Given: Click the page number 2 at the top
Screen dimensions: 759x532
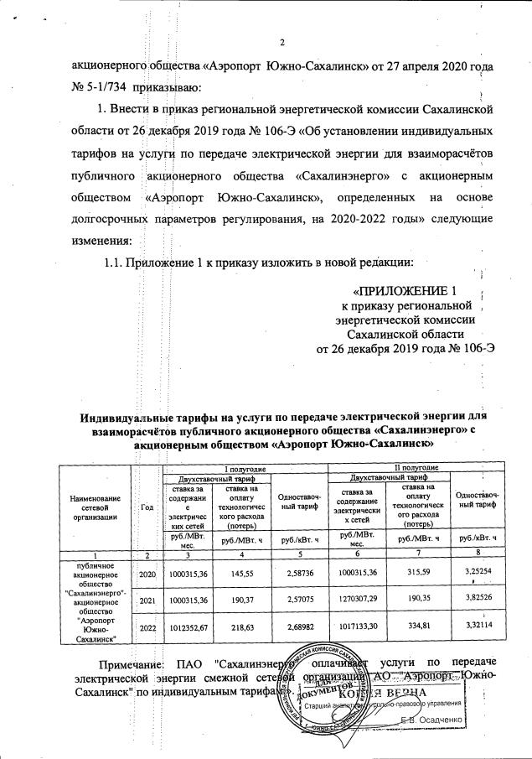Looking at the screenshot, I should pos(281,43).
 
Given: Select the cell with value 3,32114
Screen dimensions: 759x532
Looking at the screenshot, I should pos(478,626).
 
